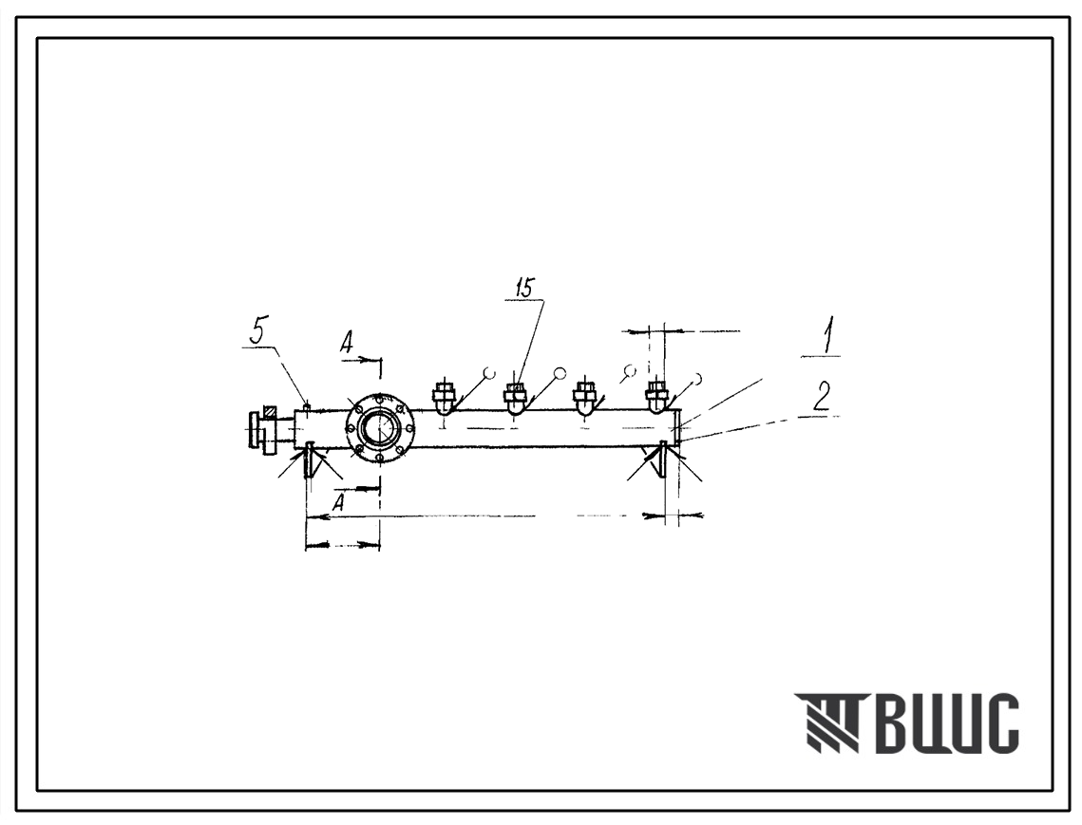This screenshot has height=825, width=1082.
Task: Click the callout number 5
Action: (x=257, y=333)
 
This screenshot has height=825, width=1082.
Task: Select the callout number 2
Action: (x=821, y=396)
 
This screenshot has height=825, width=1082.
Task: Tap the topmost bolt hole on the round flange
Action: (x=379, y=398)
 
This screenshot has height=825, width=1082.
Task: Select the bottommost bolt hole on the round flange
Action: (x=379, y=459)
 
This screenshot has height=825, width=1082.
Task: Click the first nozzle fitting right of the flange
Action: (x=443, y=398)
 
